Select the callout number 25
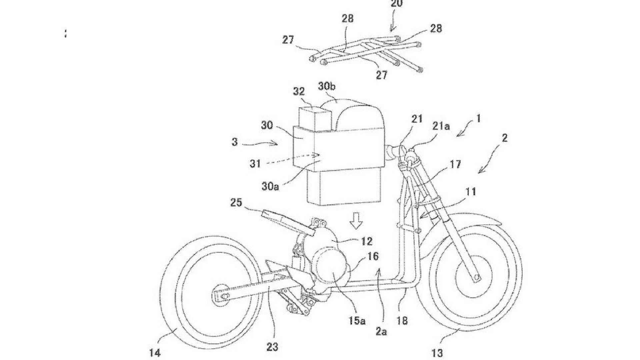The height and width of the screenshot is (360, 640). [x=236, y=203]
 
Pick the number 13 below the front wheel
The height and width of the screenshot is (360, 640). [x=437, y=352]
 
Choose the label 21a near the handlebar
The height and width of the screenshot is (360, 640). [x=441, y=126]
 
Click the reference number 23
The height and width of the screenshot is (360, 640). [x=272, y=347]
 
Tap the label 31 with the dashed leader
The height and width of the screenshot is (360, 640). [x=255, y=164]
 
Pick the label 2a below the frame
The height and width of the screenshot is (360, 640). [x=382, y=331]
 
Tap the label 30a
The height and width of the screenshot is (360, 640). [x=270, y=186]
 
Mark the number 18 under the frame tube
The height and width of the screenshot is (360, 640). [x=402, y=321]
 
